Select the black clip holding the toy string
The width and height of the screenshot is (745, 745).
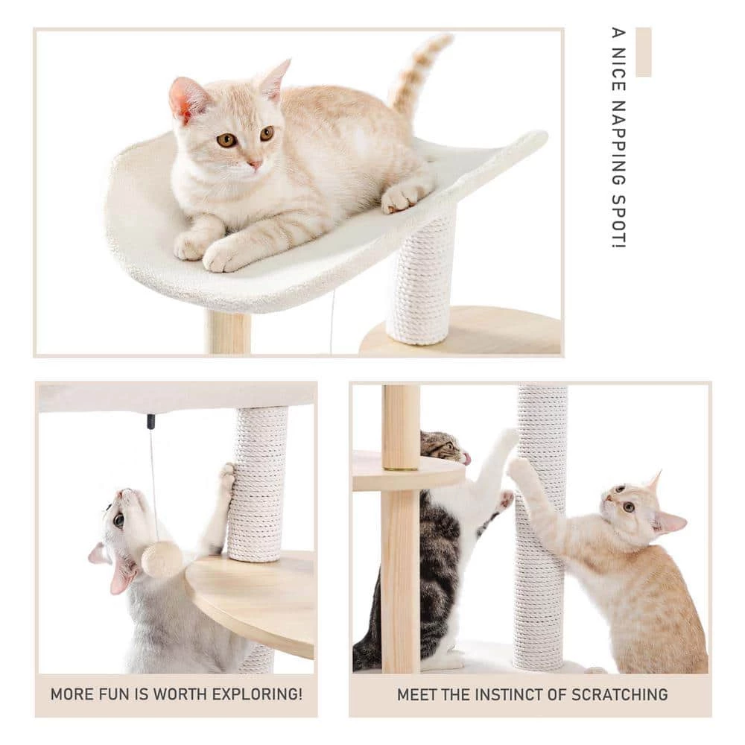[150, 422]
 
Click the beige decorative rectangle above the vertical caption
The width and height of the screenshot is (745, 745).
[643, 51]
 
